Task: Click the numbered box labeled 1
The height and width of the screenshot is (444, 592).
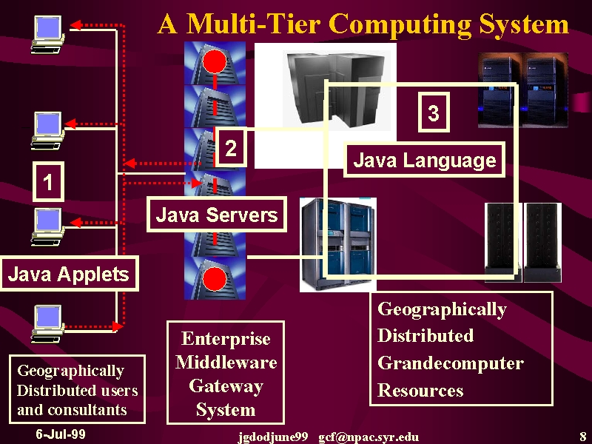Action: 48,181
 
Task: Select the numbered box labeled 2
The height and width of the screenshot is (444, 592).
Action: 231,147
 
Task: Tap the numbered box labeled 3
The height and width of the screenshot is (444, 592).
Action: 434,112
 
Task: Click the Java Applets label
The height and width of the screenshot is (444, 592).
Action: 69,274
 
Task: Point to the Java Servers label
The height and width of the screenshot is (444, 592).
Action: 217,215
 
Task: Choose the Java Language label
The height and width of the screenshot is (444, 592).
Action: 424,160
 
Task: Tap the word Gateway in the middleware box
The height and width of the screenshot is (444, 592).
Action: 226,386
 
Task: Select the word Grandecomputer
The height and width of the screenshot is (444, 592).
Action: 451,363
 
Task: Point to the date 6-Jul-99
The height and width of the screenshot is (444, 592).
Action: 61,434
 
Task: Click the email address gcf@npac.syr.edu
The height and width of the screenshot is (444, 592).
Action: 369,437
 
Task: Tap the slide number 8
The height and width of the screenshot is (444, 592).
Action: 583,435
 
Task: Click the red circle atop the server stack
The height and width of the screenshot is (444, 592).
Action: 215,61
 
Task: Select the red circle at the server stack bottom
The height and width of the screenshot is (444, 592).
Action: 215,279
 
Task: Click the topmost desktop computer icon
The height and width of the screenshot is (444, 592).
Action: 47,34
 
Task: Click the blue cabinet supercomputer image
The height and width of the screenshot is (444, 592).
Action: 338,245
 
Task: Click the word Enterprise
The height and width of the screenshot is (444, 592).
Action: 226,339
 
